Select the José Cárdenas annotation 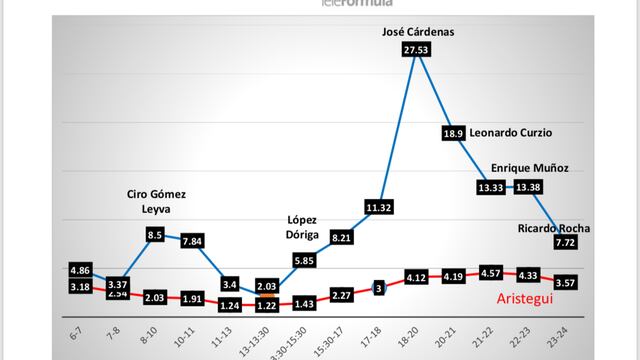click(419, 32)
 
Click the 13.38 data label click(529, 186)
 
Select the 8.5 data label click(155, 234)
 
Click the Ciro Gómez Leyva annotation click(155, 202)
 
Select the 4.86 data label click(82, 270)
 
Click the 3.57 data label click(566, 283)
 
